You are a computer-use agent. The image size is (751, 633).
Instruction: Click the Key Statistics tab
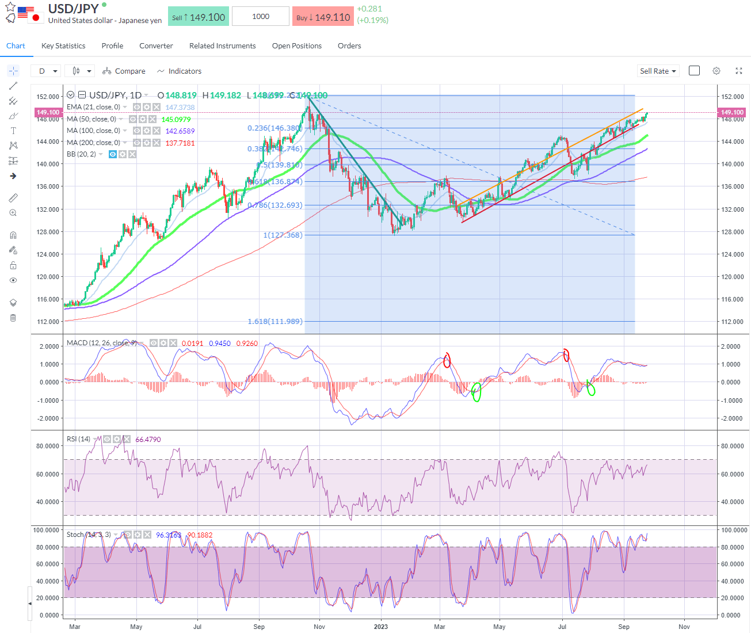[x=63, y=46]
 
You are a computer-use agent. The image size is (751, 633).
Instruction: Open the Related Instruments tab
[x=222, y=46]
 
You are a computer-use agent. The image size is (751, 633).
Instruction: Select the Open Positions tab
[x=296, y=46]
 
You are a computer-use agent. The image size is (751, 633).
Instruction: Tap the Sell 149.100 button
[x=199, y=17]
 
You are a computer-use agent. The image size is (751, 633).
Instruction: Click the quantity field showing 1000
[x=261, y=17]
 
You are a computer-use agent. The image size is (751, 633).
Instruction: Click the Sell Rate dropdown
[x=658, y=71]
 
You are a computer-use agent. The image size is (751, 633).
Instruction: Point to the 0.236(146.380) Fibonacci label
[x=275, y=128]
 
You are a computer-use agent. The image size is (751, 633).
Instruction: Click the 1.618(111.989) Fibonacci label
[x=275, y=322]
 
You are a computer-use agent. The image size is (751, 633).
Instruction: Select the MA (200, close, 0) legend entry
[x=93, y=143]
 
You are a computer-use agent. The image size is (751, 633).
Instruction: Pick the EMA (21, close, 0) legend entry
[x=93, y=107]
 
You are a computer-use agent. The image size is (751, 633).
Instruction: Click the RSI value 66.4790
[x=148, y=440]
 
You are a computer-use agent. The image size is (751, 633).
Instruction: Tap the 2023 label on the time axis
[x=380, y=627]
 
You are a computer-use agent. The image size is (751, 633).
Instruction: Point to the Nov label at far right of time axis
[x=684, y=627]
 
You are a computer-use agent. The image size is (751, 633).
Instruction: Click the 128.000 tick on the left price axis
[x=48, y=232]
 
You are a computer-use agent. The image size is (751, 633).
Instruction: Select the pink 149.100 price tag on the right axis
[x=732, y=113]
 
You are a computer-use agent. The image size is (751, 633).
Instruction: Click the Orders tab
[x=349, y=46]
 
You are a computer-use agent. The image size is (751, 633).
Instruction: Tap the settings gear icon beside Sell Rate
[x=716, y=71]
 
